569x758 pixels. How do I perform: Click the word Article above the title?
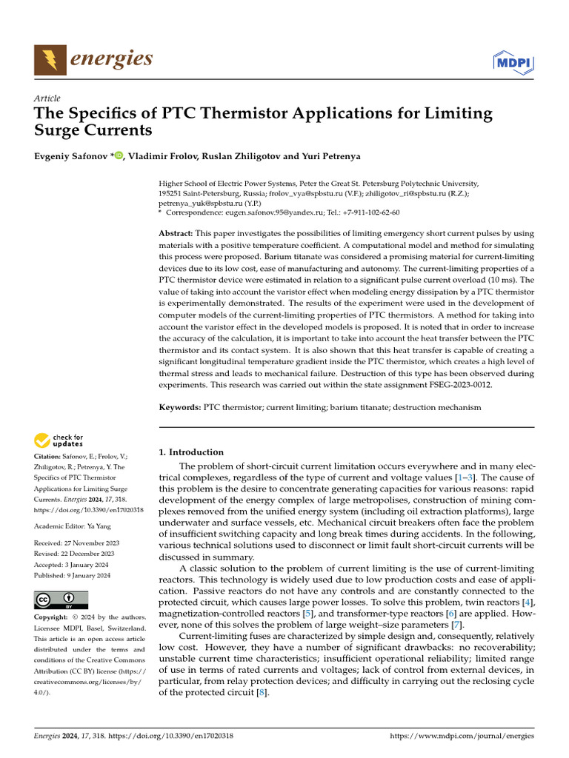coord(47,98)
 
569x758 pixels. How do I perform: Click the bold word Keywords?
coord(180,407)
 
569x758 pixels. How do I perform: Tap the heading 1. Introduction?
coord(192,452)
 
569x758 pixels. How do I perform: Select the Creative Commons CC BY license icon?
coord(61,600)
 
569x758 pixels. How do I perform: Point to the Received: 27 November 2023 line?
coord(76,542)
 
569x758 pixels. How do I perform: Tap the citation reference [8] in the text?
coord(262,693)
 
